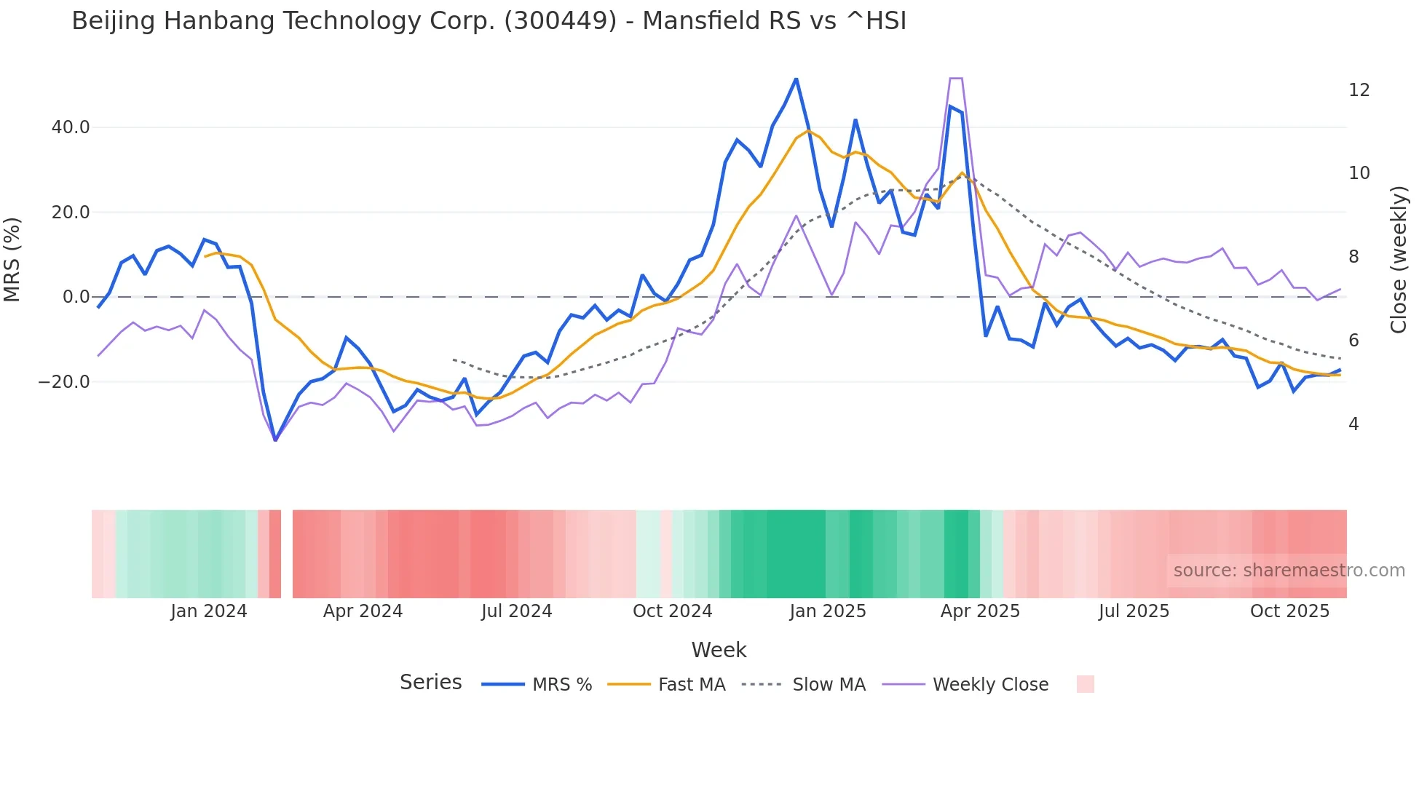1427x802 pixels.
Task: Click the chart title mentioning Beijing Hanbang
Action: pos(489,21)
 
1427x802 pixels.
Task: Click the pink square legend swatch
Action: pos(1085,684)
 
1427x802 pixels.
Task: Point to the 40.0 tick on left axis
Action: pos(71,127)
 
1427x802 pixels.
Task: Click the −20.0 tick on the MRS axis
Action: pos(64,382)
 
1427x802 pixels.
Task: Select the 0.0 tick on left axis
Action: pos(76,297)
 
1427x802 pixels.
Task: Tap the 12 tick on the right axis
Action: pos(1359,90)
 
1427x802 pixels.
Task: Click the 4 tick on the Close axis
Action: pos(1353,424)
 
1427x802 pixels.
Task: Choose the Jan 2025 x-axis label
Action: pos(828,611)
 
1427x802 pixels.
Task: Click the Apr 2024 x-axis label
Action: pos(363,611)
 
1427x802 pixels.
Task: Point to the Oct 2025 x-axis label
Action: pos(1289,611)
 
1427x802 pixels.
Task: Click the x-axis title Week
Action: pos(719,650)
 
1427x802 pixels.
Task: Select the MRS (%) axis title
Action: pos(12,259)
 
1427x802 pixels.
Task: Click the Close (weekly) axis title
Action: pos(1398,259)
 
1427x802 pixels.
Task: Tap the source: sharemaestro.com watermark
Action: pos(1289,571)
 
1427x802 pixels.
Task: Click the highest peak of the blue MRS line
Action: pos(796,79)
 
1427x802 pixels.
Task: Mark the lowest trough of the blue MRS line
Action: pos(275,440)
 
